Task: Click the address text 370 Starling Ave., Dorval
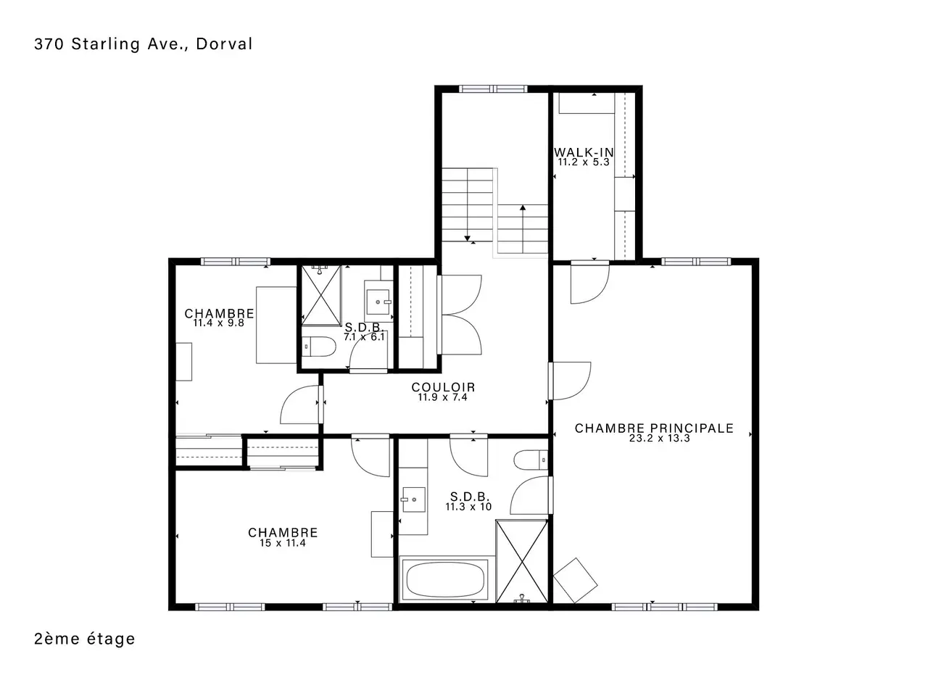[x=143, y=44]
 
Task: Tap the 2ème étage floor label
[x=85, y=639]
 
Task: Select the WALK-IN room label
[x=584, y=152]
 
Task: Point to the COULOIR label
[x=443, y=387]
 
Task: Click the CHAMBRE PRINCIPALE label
[x=654, y=428]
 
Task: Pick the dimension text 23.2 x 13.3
[x=660, y=438]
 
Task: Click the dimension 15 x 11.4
[x=283, y=542]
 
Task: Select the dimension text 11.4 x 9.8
[x=218, y=323]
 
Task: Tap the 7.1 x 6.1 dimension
[x=364, y=337]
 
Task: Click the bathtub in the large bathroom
[x=445, y=580]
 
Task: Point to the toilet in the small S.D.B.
[x=319, y=347]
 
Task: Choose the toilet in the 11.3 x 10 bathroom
[x=531, y=460]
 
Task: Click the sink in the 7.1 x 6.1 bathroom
[x=378, y=302]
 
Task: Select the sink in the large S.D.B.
[x=413, y=500]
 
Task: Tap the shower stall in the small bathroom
[x=321, y=295]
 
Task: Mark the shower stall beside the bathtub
[x=522, y=562]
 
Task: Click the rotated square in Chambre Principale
[x=575, y=581]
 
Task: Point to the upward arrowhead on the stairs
[x=523, y=207]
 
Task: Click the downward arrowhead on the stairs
[x=467, y=239]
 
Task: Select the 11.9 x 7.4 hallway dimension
[x=443, y=397]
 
